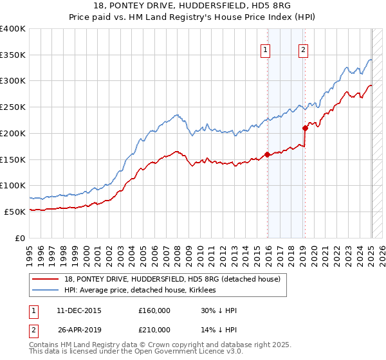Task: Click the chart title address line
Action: coord(193,6)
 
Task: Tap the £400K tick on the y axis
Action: coord(12,29)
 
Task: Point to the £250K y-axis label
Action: coord(12,107)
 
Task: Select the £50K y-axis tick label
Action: coord(14,212)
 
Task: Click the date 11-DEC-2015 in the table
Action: coord(79,310)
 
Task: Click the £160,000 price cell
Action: coord(154,310)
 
